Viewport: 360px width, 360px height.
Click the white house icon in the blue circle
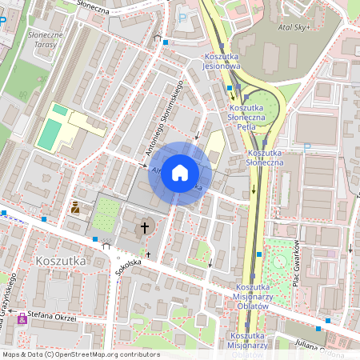click(x=180, y=173)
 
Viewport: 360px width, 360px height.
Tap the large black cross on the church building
click(x=145, y=228)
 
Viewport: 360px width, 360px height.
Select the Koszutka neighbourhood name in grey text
click(x=61, y=261)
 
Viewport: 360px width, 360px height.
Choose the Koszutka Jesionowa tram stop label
click(x=227, y=61)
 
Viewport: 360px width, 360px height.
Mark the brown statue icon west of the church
click(x=76, y=208)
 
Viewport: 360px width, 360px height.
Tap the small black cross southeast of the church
click(x=170, y=254)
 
